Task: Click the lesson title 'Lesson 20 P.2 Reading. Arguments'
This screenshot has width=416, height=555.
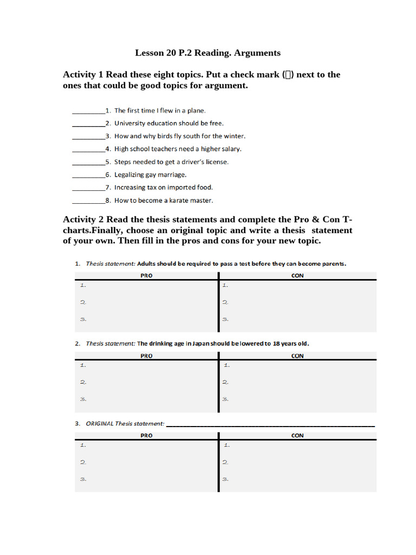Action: click(207, 53)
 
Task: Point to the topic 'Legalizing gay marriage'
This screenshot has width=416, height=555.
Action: click(150, 175)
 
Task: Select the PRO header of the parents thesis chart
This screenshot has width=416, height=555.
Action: click(146, 275)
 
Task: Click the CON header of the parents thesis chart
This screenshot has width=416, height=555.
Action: click(297, 275)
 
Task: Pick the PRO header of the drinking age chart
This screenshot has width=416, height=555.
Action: click(146, 356)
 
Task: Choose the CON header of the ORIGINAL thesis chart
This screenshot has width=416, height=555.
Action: click(297, 436)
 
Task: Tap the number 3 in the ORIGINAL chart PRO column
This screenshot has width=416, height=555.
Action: click(83, 479)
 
